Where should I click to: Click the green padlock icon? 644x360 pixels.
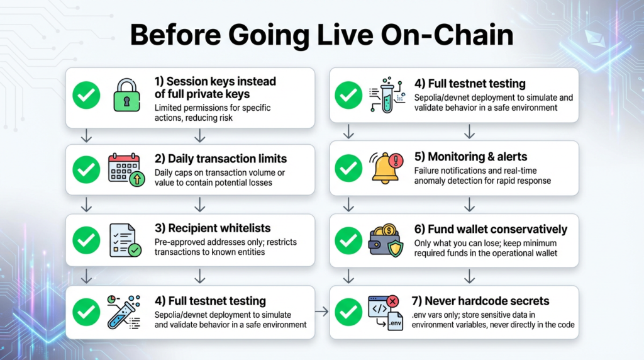(x=126, y=96)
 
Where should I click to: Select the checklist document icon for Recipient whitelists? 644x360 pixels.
(x=125, y=240)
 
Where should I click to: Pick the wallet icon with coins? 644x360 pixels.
(x=386, y=241)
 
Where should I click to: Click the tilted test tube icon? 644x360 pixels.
(x=124, y=312)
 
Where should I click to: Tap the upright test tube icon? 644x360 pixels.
(x=387, y=95)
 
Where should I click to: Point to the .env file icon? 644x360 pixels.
(x=395, y=320)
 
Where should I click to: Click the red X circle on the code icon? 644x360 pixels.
(x=392, y=301)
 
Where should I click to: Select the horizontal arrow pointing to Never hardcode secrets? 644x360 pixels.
(x=322, y=312)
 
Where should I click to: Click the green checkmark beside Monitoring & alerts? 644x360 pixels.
(x=348, y=168)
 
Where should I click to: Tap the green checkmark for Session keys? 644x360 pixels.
(x=86, y=95)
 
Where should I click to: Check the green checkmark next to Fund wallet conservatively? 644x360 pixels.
(x=348, y=240)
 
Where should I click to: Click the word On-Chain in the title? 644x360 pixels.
(x=447, y=35)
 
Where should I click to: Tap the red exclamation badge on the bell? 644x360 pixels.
(x=397, y=160)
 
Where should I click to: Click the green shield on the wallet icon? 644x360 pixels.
(x=396, y=248)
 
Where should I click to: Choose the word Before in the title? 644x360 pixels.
(x=175, y=35)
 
